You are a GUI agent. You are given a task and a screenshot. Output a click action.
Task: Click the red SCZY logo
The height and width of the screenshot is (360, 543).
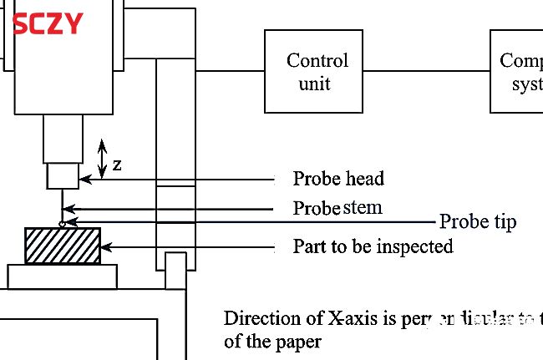tap(48, 23)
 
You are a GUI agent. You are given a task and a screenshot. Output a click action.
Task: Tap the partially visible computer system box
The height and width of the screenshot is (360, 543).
tap(517, 71)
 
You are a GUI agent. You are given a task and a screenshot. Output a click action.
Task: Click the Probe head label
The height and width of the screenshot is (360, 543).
tap(338, 178)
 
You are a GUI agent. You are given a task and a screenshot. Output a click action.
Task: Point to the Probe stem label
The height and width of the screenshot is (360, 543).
tap(337, 207)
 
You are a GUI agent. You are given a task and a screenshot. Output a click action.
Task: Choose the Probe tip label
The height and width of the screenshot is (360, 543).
tap(478, 221)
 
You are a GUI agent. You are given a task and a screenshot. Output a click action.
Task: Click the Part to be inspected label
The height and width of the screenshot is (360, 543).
tap(373, 246)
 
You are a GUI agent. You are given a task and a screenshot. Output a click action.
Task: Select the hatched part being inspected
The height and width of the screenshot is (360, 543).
tap(63, 246)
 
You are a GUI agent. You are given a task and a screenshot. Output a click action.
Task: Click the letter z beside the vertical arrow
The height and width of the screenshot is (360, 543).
tap(117, 165)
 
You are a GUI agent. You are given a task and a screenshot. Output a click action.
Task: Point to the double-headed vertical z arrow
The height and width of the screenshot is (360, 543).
tap(102, 159)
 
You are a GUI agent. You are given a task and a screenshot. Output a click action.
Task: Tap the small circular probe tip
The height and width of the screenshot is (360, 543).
tap(62, 223)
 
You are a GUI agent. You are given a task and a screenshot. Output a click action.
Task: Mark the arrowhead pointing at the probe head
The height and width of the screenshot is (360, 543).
tap(83, 179)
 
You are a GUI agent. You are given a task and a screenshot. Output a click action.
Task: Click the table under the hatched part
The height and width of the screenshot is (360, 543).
tap(63, 275)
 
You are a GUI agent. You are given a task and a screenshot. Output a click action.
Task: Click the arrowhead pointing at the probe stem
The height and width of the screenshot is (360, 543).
tap(69, 209)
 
